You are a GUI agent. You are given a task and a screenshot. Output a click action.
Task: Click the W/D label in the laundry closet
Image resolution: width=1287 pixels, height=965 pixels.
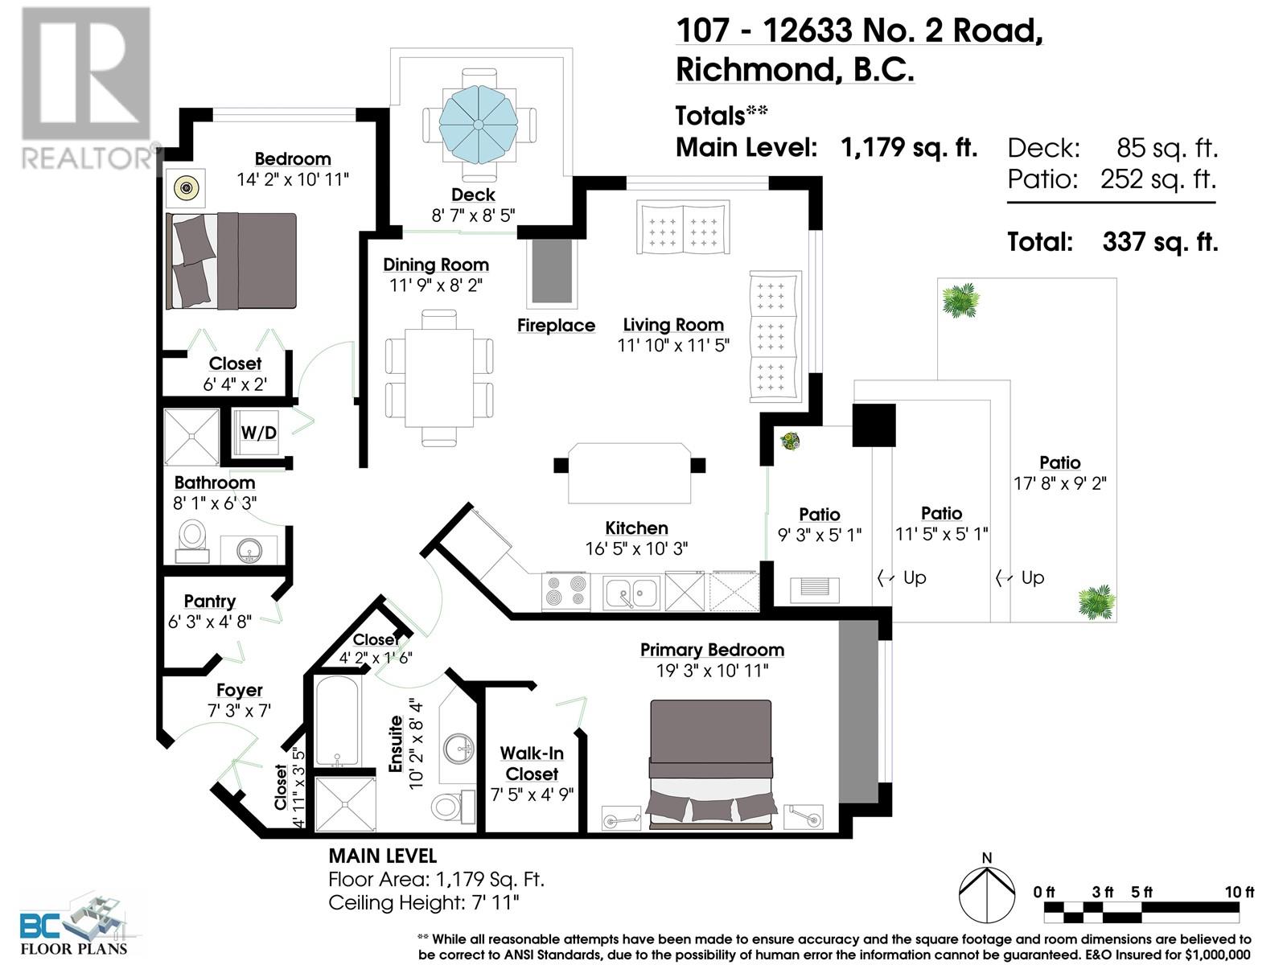(258, 433)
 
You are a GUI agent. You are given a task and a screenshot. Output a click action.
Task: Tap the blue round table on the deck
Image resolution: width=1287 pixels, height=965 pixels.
(479, 125)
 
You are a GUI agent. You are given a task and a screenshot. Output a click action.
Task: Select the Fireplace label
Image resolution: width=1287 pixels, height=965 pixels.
(556, 325)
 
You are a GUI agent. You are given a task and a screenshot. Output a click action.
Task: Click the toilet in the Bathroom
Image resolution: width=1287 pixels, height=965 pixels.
(191, 540)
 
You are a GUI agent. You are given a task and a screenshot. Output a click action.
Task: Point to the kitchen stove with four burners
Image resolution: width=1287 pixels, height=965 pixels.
(565, 590)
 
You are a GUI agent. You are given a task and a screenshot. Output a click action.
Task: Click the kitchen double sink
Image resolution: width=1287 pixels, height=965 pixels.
(631, 592)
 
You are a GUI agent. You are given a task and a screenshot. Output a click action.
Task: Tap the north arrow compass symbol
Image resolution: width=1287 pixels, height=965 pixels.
(987, 893)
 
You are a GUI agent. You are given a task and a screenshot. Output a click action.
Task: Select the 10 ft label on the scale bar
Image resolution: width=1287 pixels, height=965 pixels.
(1239, 892)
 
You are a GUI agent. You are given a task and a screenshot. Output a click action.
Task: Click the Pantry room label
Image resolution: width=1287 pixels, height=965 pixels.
(210, 602)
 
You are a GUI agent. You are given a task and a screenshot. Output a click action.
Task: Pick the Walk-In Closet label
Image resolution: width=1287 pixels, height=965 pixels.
(532, 763)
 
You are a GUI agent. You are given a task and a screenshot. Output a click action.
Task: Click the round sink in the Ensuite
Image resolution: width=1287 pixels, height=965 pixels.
(458, 749)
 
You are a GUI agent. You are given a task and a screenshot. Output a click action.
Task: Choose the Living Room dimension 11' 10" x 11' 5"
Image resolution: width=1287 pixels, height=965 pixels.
(673, 345)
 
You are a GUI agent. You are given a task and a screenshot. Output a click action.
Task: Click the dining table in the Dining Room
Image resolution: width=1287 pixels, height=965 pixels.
(438, 379)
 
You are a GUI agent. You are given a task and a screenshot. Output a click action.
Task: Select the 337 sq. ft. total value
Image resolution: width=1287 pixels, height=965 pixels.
(1160, 241)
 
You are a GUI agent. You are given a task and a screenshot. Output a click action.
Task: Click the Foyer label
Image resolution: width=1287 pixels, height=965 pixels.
(239, 690)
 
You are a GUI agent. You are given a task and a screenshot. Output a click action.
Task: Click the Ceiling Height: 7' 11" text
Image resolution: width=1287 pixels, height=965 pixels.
(423, 903)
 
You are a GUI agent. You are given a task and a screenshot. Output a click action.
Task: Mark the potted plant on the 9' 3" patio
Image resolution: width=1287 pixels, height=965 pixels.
(791, 440)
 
